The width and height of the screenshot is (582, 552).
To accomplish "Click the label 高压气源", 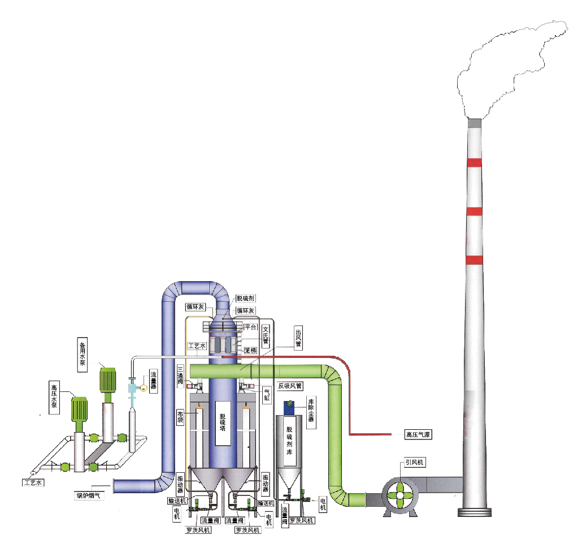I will click(x=418, y=435).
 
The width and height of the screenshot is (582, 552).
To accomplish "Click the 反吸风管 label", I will click(x=290, y=386).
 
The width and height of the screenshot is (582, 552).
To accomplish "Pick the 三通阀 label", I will click(x=180, y=373).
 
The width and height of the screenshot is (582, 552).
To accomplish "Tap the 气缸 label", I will click(x=267, y=394).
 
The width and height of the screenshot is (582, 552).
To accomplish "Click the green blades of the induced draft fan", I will click(x=399, y=495).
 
